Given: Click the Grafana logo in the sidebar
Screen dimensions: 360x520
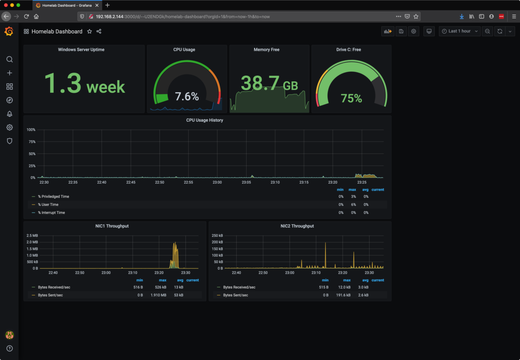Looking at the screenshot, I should [x=9, y=31].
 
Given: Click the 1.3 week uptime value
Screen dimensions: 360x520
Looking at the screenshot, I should [x=84, y=83].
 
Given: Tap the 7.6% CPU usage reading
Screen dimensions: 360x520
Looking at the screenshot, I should [x=187, y=96].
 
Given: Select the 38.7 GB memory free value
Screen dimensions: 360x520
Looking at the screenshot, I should [x=269, y=83].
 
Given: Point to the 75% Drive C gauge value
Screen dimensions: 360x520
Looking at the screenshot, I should [x=351, y=98].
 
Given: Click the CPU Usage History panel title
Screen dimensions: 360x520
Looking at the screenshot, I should [x=205, y=120].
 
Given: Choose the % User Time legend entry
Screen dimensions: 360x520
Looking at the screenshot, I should [x=48, y=204].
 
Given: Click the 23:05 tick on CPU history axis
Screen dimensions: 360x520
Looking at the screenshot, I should [x=246, y=182].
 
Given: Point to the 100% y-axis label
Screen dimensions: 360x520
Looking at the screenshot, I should [x=31, y=130].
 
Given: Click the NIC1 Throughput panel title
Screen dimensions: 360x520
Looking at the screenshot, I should [x=112, y=226].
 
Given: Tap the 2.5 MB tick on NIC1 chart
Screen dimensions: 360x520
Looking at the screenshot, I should [x=32, y=235].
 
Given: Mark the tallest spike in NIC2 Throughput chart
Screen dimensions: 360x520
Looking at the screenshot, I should [x=325, y=244].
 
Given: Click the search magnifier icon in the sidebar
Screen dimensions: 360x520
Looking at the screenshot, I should [x=10, y=59].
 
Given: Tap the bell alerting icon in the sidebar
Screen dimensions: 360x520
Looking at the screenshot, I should [x=10, y=114].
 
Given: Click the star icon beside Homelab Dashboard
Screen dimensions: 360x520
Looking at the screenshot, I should [x=89, y=32].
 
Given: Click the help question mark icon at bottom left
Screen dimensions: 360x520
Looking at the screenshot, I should [x=10, y=348].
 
